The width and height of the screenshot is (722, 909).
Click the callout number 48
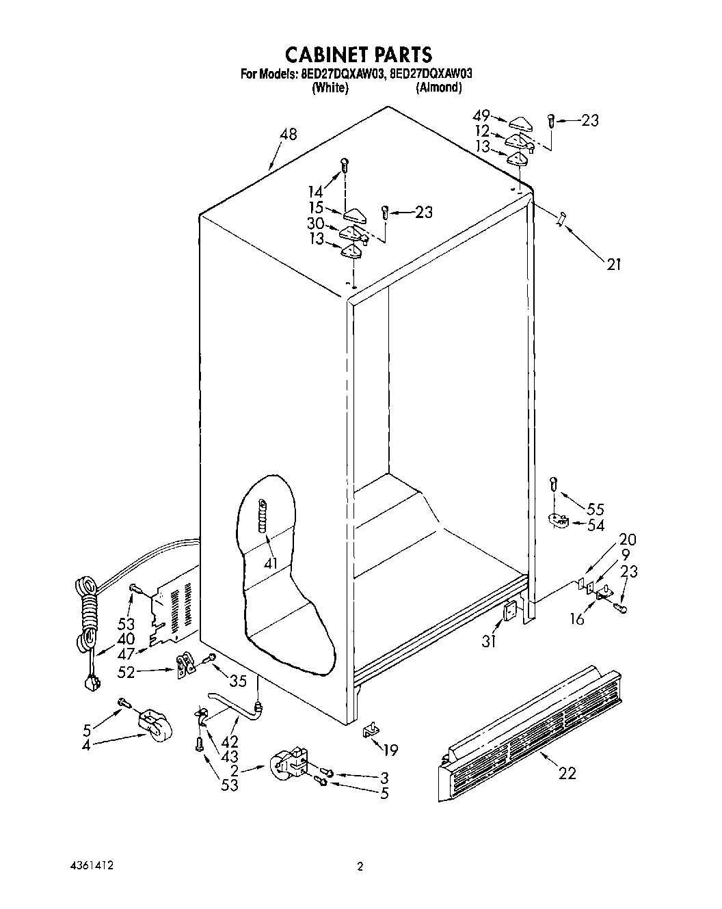click(x=289, y=135)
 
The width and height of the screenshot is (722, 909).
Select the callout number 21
click(x=613, y=264)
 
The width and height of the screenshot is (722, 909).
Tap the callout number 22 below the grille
click(x=567, y=773)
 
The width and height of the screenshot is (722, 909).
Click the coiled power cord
click(x=87, y=608)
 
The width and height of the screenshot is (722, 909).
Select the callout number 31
click(x=488, y=641)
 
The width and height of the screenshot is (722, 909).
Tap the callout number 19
click(x=390, y=750)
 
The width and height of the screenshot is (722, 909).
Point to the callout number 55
click(x=596, y=508)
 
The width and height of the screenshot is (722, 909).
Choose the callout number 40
click(x=125, y=639)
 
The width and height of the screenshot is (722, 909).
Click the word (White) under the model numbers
click(x=330, y=88)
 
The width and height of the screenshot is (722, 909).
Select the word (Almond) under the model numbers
click(x=438, y=88)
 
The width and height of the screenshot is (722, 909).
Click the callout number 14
click(x=315, y=192)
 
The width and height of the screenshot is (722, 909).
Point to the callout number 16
click(x=578, y=619)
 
